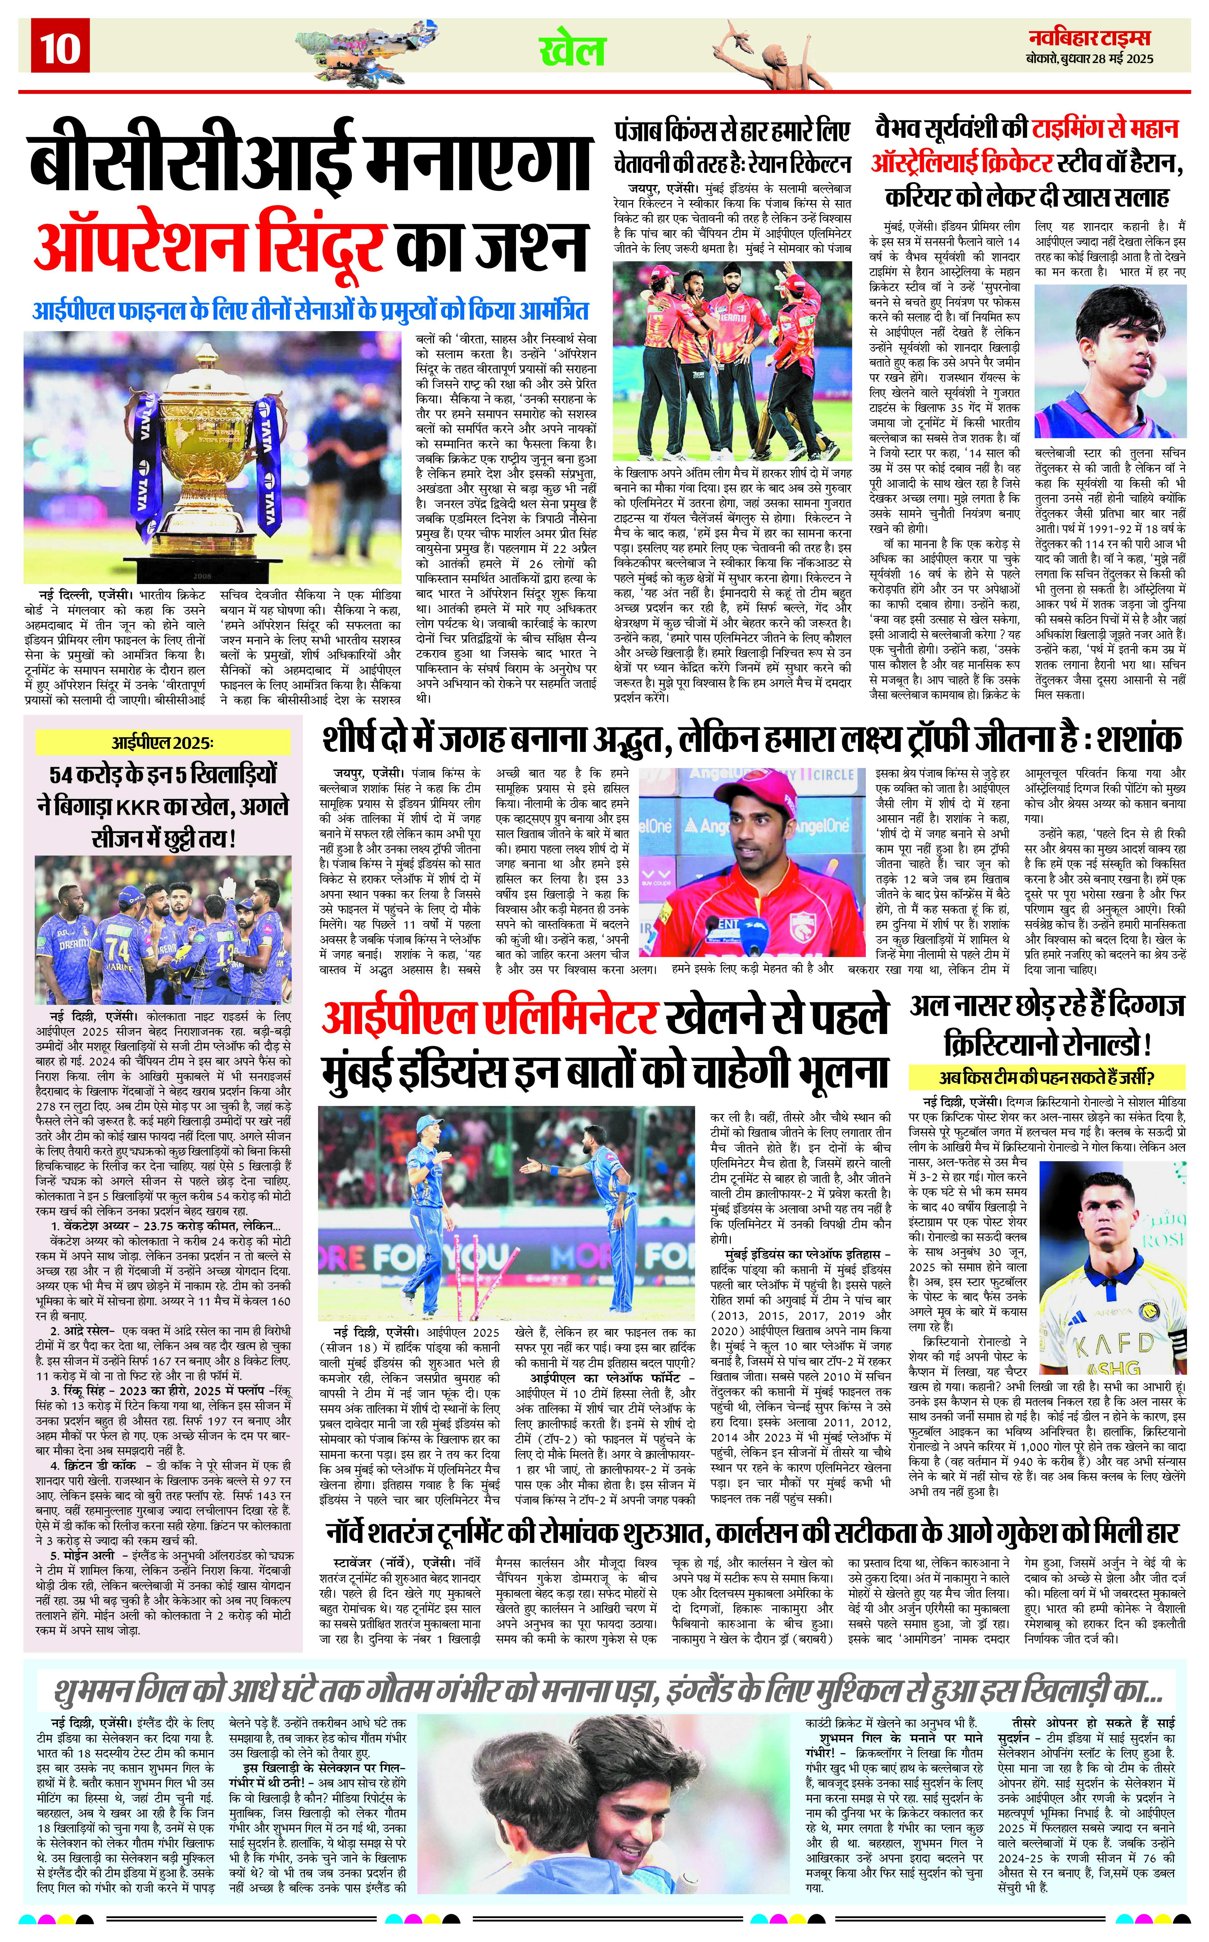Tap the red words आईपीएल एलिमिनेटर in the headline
coord(489,1017)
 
